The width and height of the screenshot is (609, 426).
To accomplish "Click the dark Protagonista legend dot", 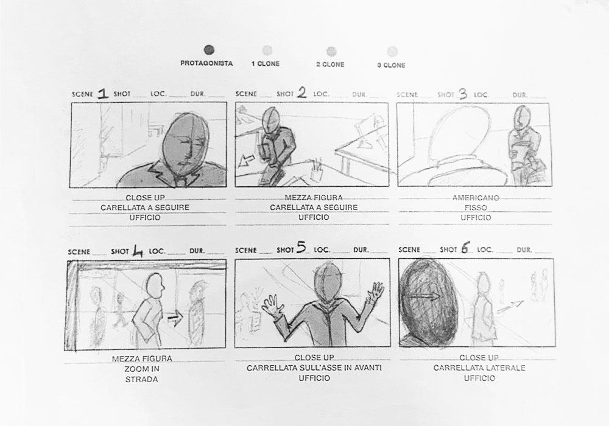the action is click(x=209, y=50).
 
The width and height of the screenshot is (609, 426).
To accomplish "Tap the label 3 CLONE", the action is click(x=391, y=65).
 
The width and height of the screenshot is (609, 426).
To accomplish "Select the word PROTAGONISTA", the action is click(x=206, y=63).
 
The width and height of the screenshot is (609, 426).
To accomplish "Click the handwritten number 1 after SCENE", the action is click(x=103, y=94).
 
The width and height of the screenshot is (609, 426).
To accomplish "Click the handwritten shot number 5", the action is click(x=301, y=248).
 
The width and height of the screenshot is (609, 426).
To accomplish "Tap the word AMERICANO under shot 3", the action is click(x=476, y=198).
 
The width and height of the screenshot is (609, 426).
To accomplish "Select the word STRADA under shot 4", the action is click(x=142, y=379).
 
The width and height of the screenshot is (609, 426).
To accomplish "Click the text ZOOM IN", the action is click(x=142, y=369).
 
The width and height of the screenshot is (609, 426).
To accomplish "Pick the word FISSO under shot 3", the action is click(x=476, y=208).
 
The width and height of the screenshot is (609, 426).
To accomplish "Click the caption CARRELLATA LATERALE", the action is click(x=479, y=368).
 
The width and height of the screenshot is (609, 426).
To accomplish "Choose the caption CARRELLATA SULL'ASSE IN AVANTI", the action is click(x=314, y=368).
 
